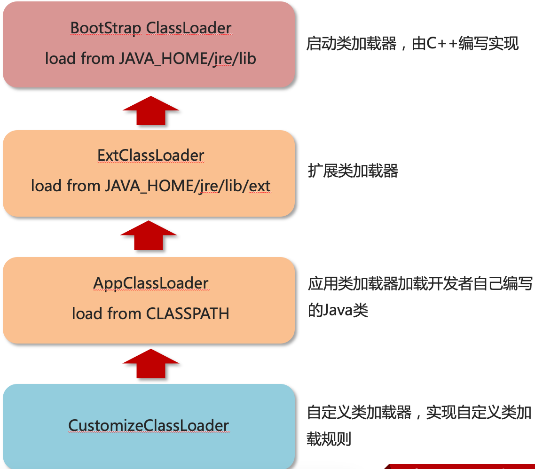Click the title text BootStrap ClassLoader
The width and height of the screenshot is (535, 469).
pyautogui.click(x=151, y=28)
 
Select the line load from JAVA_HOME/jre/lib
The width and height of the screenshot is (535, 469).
pyautogui.click(x=150, y=58)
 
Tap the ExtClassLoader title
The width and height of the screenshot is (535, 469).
pyautogui.click(x=151, y=155)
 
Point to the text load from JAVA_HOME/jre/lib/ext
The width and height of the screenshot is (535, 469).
pyautogui.click(x=150, y=186)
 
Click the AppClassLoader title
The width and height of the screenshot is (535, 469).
pyautogui.click(x=151, y=283)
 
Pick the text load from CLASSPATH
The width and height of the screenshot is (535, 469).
pyautogui.click(x=150, y=313)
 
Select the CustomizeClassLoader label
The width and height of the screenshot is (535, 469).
pyautogui.click(x=149, y=425)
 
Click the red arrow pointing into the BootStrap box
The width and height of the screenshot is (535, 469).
pyautogui.click(x=151, y=111)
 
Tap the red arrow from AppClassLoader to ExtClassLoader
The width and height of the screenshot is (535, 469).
pyautogui.click(x=149, y=236)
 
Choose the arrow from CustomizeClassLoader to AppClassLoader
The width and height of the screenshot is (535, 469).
pyautogui.click(x=151, y=364)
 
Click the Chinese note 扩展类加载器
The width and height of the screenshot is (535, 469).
pyautogui.click(x=353, y=171)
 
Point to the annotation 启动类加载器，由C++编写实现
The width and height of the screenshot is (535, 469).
pyautogui.click(x=412, y=44)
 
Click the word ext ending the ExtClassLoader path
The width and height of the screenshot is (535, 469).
pyautogui.click(x=260, y=186)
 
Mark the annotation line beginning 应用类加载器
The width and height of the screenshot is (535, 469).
pyautogui.click(x=420, y=284)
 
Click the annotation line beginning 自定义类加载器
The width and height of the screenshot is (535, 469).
pyautogui.click(x=419, y=413)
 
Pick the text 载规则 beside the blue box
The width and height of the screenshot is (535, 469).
pyautogui.click(x=329, y=439)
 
